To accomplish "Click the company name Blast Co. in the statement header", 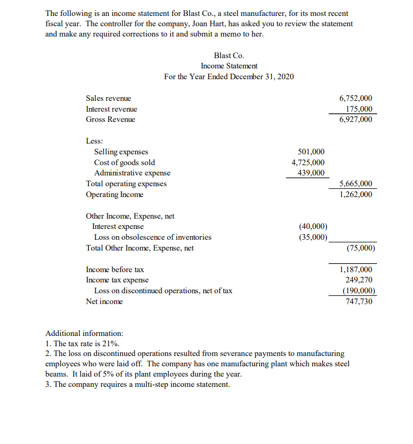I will (x=229, y=56).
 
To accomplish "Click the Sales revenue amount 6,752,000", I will (x=356, y=98).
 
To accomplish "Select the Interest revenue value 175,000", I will (x=358, y=109).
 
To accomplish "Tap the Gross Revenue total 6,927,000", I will (x=356, y=119).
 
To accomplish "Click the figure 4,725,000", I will (x=308, y=163).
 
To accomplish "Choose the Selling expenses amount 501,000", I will (x=311, y=152).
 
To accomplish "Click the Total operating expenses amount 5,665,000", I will (x=356, y=184).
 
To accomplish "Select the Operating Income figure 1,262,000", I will (x=356, y=194).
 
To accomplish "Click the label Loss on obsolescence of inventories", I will (x=153, y=237).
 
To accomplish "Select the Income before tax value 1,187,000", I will (x=356, y=270).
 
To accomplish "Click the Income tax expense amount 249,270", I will (x=358, y=280).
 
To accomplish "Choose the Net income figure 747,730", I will (x=358, y=301).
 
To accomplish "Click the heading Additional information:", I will (x=84, y=333).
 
